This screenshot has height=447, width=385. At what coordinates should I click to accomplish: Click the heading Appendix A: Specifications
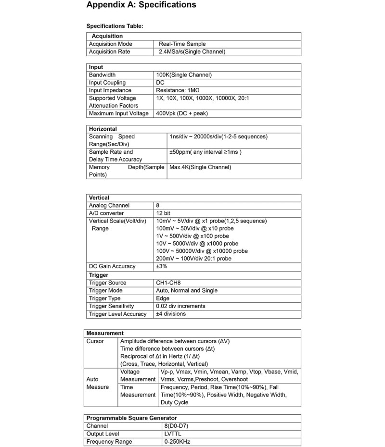pos(141,5)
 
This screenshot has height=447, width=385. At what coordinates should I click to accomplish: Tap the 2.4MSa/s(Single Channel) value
pos(192,51)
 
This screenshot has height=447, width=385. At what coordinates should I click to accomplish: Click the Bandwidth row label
pos(102,75)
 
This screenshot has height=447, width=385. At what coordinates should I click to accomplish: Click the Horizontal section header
pos(103,129)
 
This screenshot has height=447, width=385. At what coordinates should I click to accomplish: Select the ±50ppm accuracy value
pos(205,152)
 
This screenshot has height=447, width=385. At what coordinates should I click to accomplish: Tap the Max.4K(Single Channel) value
pos(200,167)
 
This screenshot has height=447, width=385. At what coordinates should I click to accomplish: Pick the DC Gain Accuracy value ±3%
pos(162,266)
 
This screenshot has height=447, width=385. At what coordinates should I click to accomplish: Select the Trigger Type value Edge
pos(163,298)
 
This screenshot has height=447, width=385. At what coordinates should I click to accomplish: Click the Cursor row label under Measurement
pos(95,341)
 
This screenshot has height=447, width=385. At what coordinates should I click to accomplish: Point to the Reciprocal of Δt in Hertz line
pos(167,356)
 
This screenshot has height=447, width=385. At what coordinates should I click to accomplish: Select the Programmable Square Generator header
pos(131,418)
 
